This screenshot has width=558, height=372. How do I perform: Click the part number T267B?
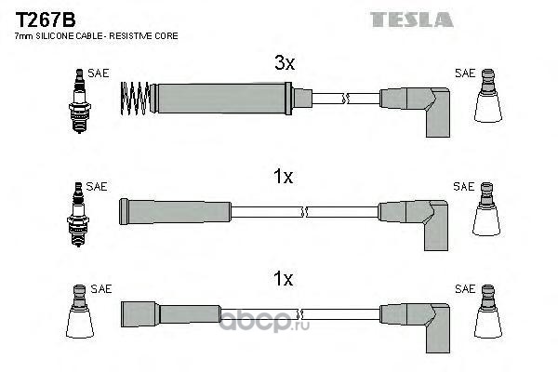pos(46,20)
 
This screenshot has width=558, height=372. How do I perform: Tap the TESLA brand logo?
pos(411,20)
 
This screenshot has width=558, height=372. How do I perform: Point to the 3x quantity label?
pos(285,62)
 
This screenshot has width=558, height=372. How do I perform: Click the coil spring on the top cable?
pos(135,99)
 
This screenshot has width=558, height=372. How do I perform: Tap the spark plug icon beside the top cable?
pos(80,100)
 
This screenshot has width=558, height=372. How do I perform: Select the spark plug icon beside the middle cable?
pos(78,214)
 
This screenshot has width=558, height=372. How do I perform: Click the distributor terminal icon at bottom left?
pos(80,312)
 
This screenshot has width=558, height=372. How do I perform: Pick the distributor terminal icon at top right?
pos(488,96)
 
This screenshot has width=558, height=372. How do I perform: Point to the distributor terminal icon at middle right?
pos(486,209)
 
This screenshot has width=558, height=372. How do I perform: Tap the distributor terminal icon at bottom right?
pos(488,312)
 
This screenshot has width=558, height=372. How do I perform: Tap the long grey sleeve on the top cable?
pos(221,99)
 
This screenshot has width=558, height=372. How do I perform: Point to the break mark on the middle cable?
pos(304,212)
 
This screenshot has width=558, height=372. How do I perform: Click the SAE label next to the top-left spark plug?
pos(99,73)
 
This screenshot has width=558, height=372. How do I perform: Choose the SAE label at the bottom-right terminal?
pos(465,289)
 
